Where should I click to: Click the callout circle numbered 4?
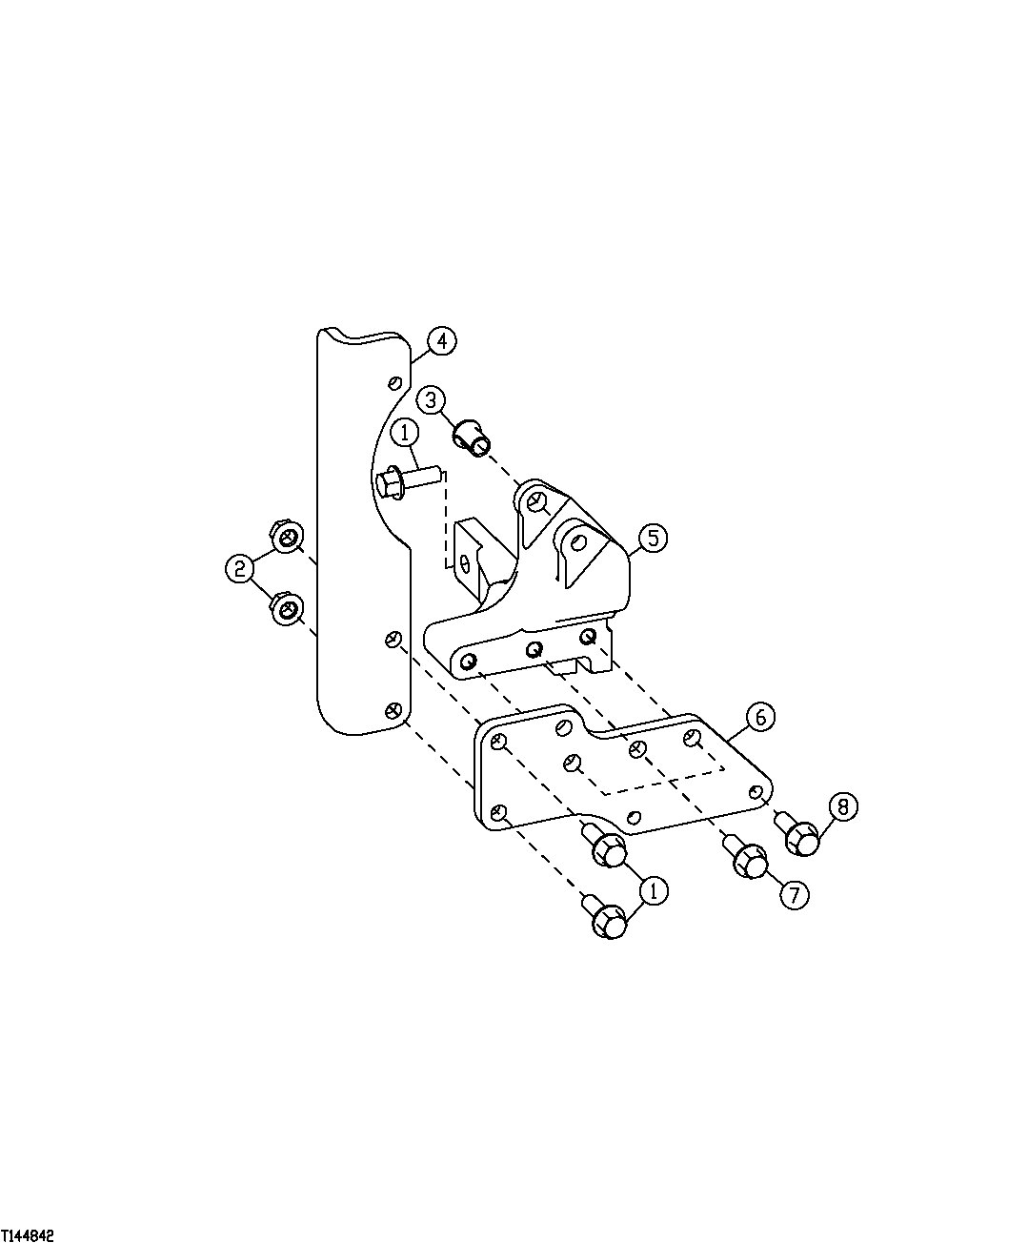[441, 341]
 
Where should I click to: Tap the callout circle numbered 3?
[431, 398]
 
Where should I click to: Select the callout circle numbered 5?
[652, 538]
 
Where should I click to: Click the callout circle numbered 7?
[794, 893]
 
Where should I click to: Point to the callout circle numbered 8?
[842, 806]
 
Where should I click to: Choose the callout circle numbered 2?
[239, 570]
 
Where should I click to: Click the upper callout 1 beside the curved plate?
[405, 434]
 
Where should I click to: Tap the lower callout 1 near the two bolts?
[653, 890]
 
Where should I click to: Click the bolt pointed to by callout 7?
[748, 859]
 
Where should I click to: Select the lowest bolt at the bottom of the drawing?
[608, 919]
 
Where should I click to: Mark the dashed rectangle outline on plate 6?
[667, 767]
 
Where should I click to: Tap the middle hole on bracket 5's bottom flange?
[534, 649]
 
